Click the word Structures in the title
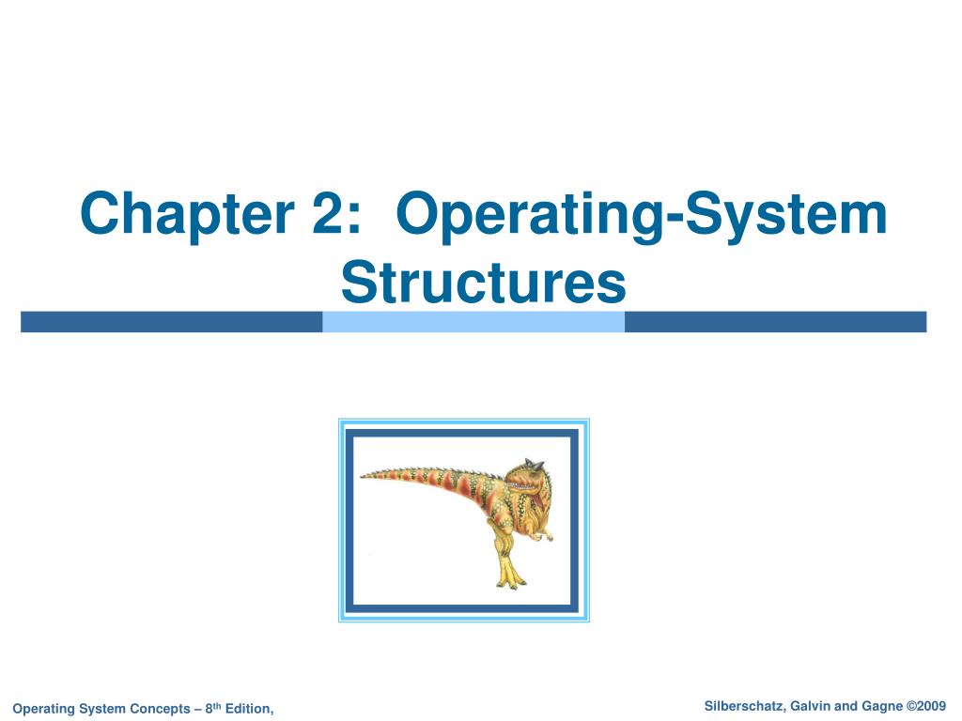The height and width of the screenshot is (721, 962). (482, 282)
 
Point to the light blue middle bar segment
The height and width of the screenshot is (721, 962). (473, 322)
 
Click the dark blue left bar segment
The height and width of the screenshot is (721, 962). (172, 322)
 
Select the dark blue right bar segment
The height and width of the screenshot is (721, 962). (775, 322)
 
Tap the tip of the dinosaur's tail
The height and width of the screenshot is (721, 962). (364, 475)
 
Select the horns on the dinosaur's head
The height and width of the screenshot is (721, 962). (532, 463)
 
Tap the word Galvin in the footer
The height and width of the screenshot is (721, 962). (809, 706)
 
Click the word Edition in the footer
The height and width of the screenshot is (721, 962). (250, 708)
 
